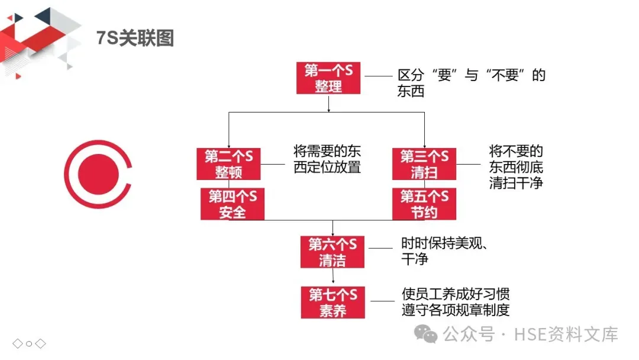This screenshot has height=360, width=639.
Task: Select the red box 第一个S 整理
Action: coord(328,78)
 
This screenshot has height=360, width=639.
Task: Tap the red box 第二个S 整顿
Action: coord(228,164)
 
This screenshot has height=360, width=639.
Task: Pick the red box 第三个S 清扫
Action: coord(424,164)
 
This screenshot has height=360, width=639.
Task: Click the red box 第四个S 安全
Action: coord(232,204)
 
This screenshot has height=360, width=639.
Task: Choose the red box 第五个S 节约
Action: coord(424,204)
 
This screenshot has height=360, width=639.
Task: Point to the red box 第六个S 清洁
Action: coord(332,252)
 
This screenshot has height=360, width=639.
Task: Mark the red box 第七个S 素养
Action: coord(332,302)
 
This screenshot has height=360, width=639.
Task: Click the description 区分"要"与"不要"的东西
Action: coord(471,83)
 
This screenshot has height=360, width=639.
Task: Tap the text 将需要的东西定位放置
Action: coord(327,158)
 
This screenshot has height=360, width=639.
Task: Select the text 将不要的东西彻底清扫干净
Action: coord(516,166)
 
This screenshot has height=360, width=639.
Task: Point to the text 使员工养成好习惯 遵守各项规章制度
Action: coord(455,302)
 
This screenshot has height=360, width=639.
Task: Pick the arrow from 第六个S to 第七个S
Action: coord(333,277)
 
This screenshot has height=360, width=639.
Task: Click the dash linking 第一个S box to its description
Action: coord(379,76)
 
